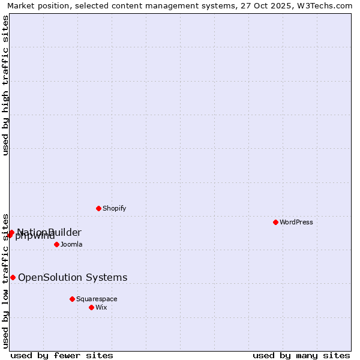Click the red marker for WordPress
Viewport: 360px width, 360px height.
(275, 222)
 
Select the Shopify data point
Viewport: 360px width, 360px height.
(98, 208)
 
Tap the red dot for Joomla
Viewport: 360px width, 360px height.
(56, 244)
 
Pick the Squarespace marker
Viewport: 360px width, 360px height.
(72, 299)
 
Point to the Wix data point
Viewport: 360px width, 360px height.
(91, 307)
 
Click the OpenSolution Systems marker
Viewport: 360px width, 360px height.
(13, 277)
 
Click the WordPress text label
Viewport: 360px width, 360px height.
(296, 222)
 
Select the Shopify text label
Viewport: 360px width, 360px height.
(114, 208)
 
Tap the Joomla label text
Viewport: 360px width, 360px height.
(71, 244)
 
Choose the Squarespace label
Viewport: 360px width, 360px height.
(97, 299)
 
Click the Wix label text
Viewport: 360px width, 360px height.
(101, 307)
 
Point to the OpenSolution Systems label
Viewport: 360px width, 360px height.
(73, 277)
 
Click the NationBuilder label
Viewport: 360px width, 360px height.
(49, 232)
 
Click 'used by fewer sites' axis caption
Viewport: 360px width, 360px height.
(62, 355)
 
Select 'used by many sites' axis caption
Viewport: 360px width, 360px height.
(301, 355)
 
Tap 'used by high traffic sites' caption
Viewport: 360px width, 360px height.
(6, 85)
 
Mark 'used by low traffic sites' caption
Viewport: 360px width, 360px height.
(6, 280)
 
